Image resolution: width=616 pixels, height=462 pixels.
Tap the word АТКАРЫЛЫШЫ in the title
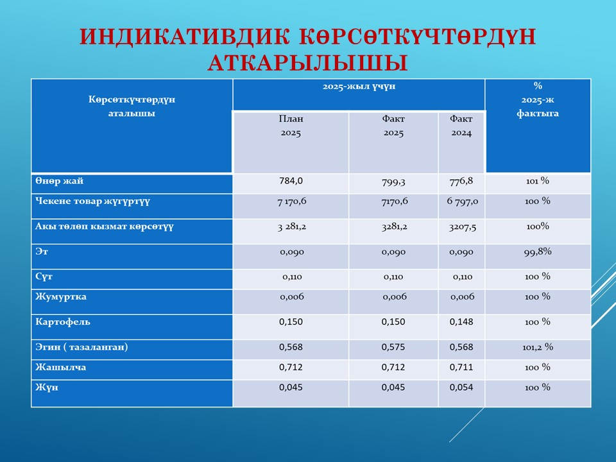[308, 64]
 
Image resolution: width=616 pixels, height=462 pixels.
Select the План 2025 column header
[291, 126]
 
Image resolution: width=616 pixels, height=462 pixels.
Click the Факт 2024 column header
[461, 126]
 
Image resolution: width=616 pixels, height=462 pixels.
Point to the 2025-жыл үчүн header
[358, 85]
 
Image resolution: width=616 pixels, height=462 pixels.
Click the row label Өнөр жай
[59, 182]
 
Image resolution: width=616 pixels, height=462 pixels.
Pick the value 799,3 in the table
[393, 182]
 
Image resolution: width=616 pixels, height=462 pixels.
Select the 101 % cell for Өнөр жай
[537, 181]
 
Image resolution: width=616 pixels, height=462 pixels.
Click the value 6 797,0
[462, 201]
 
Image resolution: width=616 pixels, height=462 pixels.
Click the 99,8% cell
[538, 252]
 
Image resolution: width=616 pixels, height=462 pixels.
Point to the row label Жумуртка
[61, 297]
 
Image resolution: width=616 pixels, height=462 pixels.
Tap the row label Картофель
[63, 321]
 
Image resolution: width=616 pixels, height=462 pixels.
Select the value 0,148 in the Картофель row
[461, 321]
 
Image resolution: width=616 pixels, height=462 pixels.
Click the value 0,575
[393, 347]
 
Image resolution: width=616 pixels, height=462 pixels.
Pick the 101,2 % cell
[538, 347]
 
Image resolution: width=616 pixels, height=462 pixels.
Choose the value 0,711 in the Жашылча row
[461, 368]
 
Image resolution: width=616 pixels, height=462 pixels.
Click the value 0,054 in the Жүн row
[461, 388]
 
